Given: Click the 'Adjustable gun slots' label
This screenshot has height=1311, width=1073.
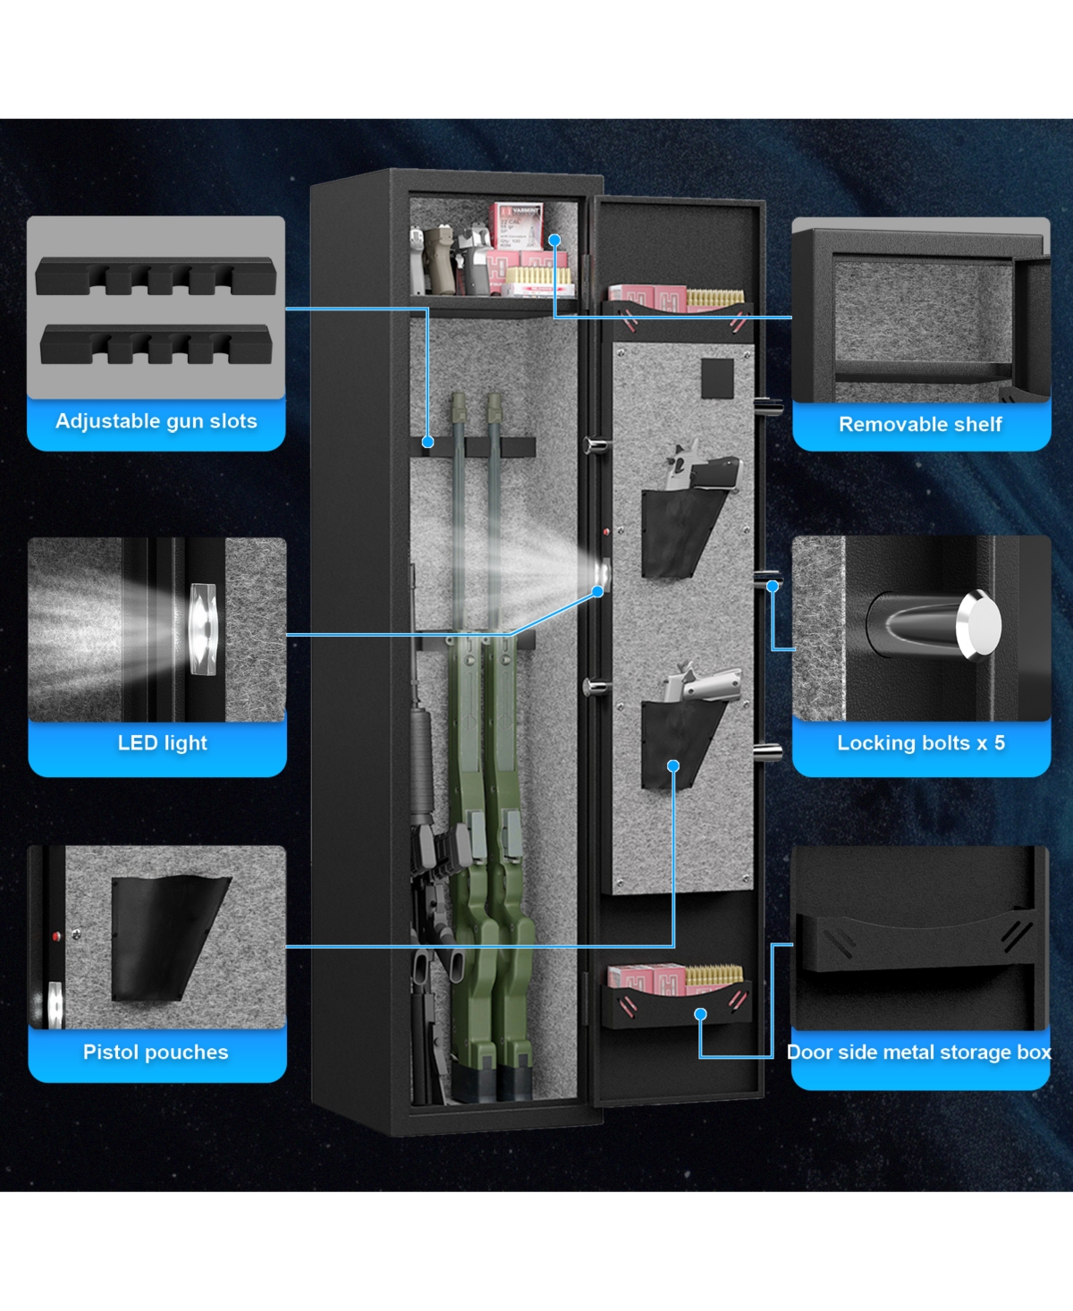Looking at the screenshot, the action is coord(156,421).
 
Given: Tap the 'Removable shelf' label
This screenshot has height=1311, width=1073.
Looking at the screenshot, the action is coord(920,424).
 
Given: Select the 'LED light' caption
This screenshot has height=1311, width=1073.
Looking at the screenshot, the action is coord(162,742).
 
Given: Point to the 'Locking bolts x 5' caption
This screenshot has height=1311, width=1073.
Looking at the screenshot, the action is coord(921,742).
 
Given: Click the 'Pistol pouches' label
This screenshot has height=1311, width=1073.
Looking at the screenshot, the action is coord(156,1051).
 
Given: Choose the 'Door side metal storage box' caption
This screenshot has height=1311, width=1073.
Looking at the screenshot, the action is coord(919,1051).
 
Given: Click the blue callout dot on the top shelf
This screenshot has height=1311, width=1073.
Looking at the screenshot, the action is coord(554,240).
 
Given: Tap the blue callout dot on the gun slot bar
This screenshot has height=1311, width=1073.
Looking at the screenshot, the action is coord(427,442).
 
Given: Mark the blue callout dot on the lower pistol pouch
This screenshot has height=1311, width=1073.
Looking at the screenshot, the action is coord(673,765).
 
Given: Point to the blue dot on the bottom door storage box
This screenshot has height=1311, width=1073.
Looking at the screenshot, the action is coord(701,1014).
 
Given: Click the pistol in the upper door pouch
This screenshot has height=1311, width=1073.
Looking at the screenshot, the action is coord(703,466).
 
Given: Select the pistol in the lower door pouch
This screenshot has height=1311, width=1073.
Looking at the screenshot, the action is coord(703,684).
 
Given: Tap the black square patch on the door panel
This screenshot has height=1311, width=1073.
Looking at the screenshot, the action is coord(717,378).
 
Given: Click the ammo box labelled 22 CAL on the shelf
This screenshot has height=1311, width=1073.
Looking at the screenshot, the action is coord(518,227).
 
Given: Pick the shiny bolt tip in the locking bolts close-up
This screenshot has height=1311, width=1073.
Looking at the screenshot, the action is coord(978,625).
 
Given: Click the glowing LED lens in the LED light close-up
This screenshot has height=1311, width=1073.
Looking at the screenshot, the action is coord(203,629).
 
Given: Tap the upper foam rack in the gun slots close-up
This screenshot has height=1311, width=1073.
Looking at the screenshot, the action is coord(156,275).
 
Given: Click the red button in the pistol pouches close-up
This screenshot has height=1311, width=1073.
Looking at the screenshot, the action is coord(56,935).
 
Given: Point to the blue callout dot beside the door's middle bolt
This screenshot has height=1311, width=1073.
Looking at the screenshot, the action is coord(772,586).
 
